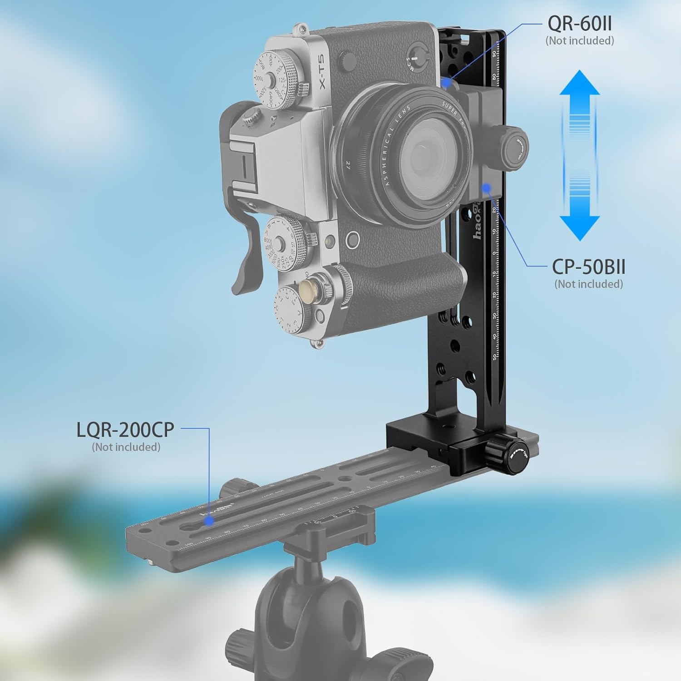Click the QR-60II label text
(580, 23)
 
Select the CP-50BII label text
(588, 267)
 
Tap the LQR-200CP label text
(125, 429)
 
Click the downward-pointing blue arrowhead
(579, 227)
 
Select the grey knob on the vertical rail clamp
(514, 142)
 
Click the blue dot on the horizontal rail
(209, 521)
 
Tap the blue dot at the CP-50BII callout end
(486, 187)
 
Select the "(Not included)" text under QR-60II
(580, 41)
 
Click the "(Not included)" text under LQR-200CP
(126, 447)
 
